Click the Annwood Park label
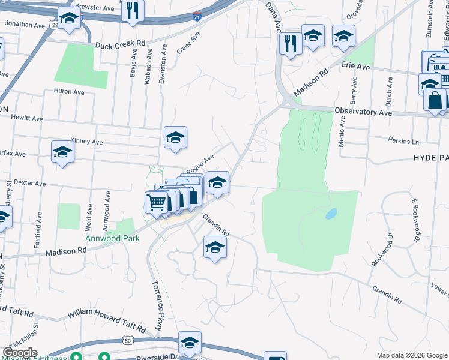[112, 238]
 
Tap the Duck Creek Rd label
[121, 44]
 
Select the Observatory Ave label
[363, 112]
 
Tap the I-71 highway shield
[197, 17]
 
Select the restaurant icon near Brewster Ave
[133, 10]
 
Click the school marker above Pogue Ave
[175, 137]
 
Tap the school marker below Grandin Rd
[215, 247]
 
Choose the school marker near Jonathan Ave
[70, 19]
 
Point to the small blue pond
[330, 214]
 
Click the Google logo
[20, 353]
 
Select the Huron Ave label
[69, 92]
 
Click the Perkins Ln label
[403, 142]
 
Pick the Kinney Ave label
[87, 142]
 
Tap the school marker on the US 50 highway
[190, 343]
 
